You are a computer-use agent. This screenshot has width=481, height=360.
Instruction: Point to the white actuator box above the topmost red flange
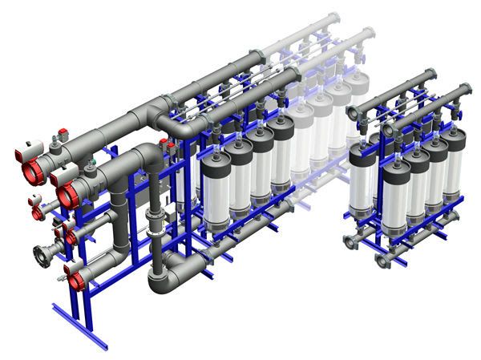pyautogui.click(x=34, y=145)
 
